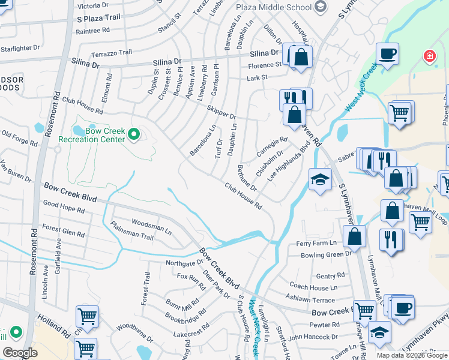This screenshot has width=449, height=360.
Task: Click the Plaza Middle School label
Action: [274, 7]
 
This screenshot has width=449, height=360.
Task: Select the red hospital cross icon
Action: [429, 58]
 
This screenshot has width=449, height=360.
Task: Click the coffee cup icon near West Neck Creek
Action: [387, 53]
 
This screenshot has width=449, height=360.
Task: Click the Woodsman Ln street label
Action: [151, 225]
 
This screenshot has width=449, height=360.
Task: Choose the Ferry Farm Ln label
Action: [316, 243]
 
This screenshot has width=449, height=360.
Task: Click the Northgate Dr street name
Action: [183, 263]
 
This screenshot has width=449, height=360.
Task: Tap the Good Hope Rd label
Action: [63, 203]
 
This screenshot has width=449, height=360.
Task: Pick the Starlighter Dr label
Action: [20, 47]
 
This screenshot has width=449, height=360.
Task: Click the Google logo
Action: [20, 353]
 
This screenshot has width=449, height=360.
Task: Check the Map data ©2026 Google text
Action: [411, 355]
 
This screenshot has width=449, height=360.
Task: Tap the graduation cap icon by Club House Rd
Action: [320, 179]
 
